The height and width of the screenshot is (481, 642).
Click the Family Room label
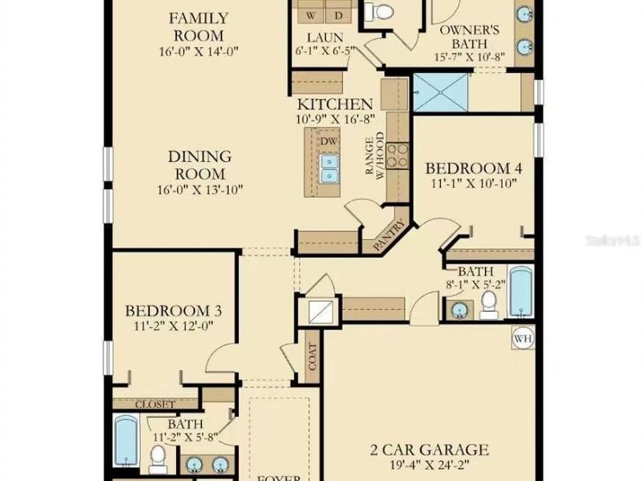pos(198,27)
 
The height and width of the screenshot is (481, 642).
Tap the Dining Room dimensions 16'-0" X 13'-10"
pos(200,190)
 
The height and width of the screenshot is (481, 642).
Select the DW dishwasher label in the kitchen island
pos(329,142)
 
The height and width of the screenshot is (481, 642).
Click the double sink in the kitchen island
pos(329,168)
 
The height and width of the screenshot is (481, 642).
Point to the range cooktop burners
pos(398,155)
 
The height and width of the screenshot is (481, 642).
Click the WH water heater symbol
pos(524,338)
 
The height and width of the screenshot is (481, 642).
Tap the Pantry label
pos(389,235)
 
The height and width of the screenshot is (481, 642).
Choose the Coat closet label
pos(312,357)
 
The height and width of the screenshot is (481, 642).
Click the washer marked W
pos(311,16)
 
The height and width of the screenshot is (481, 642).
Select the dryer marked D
pos(339,16)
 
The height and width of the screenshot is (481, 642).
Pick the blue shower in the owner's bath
pos(441,92)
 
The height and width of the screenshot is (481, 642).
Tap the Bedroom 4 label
pos(474,168)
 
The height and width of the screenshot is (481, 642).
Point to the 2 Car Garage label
pos(429,450)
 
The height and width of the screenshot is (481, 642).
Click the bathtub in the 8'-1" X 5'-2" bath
pos(521,291)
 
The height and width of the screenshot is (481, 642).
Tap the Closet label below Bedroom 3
pos(156,404)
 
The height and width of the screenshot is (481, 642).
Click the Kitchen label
pos(335,104)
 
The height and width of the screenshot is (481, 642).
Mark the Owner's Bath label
pos(469,37)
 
